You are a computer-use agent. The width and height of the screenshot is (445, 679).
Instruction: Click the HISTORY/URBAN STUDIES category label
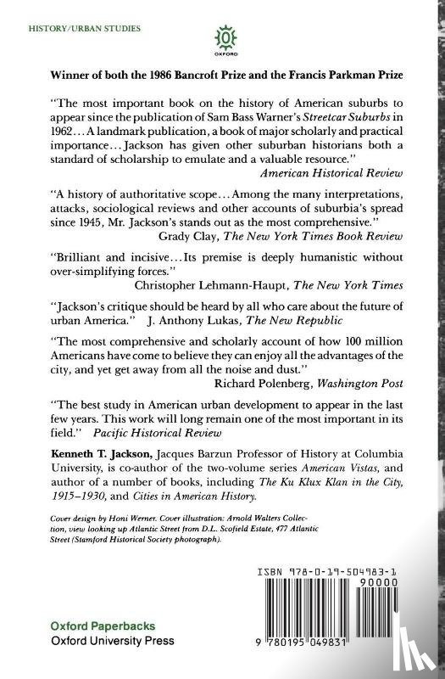[85, 28]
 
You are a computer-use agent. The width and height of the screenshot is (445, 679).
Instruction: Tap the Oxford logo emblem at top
[225, 37]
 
